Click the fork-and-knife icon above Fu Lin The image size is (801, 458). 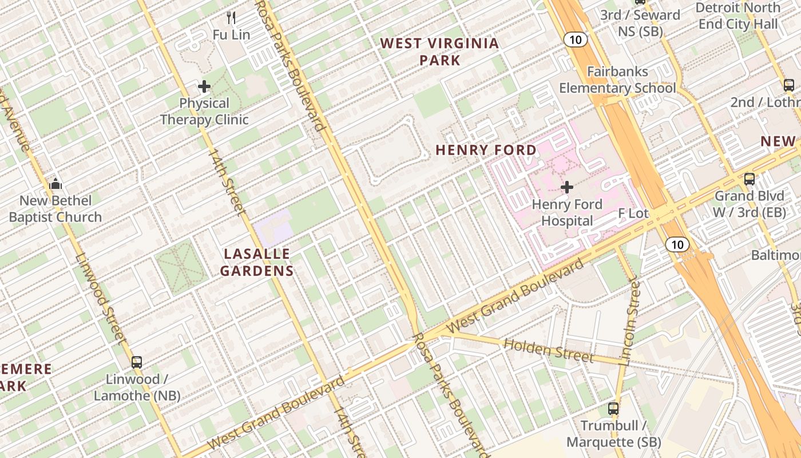(231, 18)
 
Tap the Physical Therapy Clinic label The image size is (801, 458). (204, 112)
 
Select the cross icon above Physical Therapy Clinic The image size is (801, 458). (204, 87)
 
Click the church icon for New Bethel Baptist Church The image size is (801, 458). (55, 184)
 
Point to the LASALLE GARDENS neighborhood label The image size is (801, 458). (257, 262)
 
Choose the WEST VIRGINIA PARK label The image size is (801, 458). (439, 52)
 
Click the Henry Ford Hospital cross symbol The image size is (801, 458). (567, 187)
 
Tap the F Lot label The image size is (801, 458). (633, 214)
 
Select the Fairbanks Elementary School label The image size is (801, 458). (617, 80)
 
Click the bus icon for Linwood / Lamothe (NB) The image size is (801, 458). (137, 362)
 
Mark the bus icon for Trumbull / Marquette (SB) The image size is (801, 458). (613, 409)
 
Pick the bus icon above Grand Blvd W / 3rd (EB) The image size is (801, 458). (750, 179)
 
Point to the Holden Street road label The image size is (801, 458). (548, 350)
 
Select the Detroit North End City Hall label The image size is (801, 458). (737, 16)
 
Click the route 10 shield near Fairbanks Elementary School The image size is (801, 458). (576, 40)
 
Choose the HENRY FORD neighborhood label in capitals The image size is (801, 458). (486, 150)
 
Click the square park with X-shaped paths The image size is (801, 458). (181, 267)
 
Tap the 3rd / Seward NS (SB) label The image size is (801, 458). (640, 23)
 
